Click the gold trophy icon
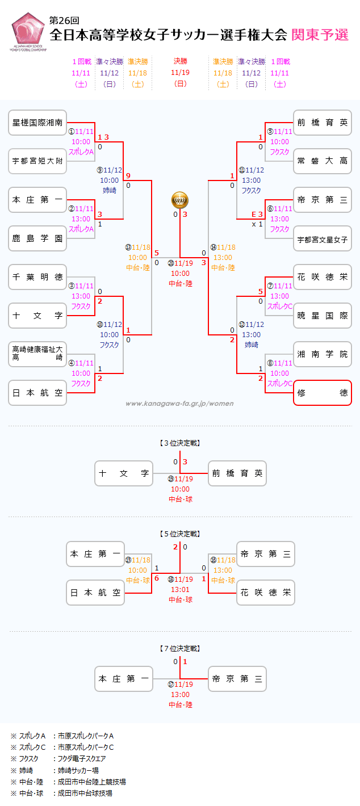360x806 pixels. [180, 200]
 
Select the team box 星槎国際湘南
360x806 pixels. [37, 123]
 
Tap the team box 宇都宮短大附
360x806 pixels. [37, 161]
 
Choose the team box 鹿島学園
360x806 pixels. [37, 238]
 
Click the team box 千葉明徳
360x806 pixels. [37, 277]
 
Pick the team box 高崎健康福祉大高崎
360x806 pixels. [37, 354]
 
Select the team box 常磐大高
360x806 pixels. [323, 161]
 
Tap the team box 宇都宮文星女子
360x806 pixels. [323, 238]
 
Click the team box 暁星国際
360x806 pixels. [323, 316]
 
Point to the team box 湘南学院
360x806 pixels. [323, 354]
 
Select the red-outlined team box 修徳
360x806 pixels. [323, 393]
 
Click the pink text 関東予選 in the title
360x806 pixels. [320, 35]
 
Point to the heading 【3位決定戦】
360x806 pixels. [180, 443]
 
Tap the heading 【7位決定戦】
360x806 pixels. [180, 648]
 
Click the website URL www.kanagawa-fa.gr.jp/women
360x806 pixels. [179, 404]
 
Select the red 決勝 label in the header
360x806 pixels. [180, 61]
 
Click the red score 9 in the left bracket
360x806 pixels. [128, 175]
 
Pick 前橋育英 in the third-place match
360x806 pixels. [237, 473]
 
